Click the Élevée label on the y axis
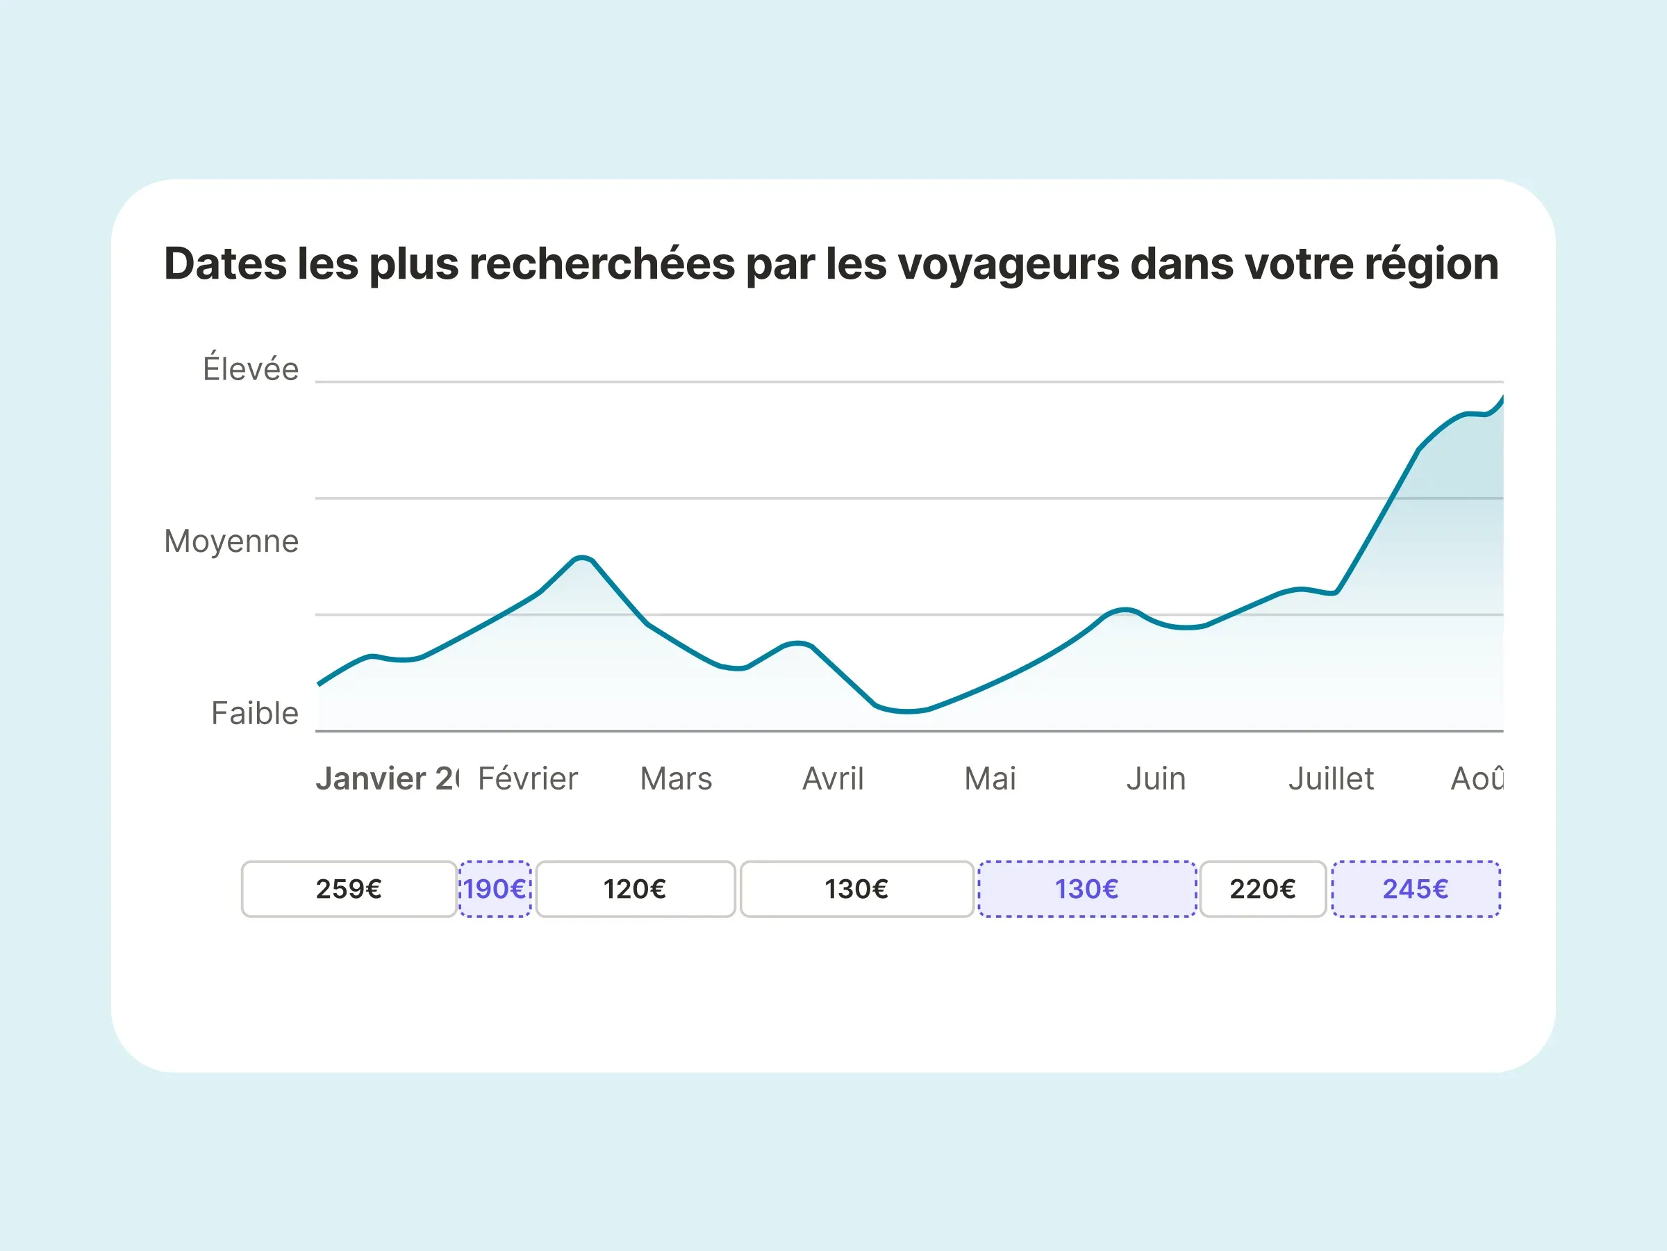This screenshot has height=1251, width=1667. (250, 369)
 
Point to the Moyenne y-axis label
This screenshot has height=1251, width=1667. (231, 541)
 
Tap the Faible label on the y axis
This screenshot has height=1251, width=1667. (255, 712)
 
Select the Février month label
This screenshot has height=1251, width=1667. (527, 778)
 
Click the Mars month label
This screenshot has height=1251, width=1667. (675, 778)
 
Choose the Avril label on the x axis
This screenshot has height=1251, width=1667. (833, 778)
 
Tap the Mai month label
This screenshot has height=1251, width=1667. (990, 778)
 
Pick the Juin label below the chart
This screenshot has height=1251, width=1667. (1155, 778)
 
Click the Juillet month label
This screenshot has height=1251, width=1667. (1331, 778)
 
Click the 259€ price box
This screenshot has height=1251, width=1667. (349, 889)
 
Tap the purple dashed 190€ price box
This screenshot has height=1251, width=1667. (495, 889)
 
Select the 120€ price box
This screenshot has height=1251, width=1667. (636, 889)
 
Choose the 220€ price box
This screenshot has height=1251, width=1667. (1262, 889)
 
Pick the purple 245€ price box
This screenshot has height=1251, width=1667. (1416, 889)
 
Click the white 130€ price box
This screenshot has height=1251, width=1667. (857, 889)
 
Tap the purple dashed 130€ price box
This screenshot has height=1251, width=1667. (1087, 889)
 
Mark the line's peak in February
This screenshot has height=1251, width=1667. (582, 558)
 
